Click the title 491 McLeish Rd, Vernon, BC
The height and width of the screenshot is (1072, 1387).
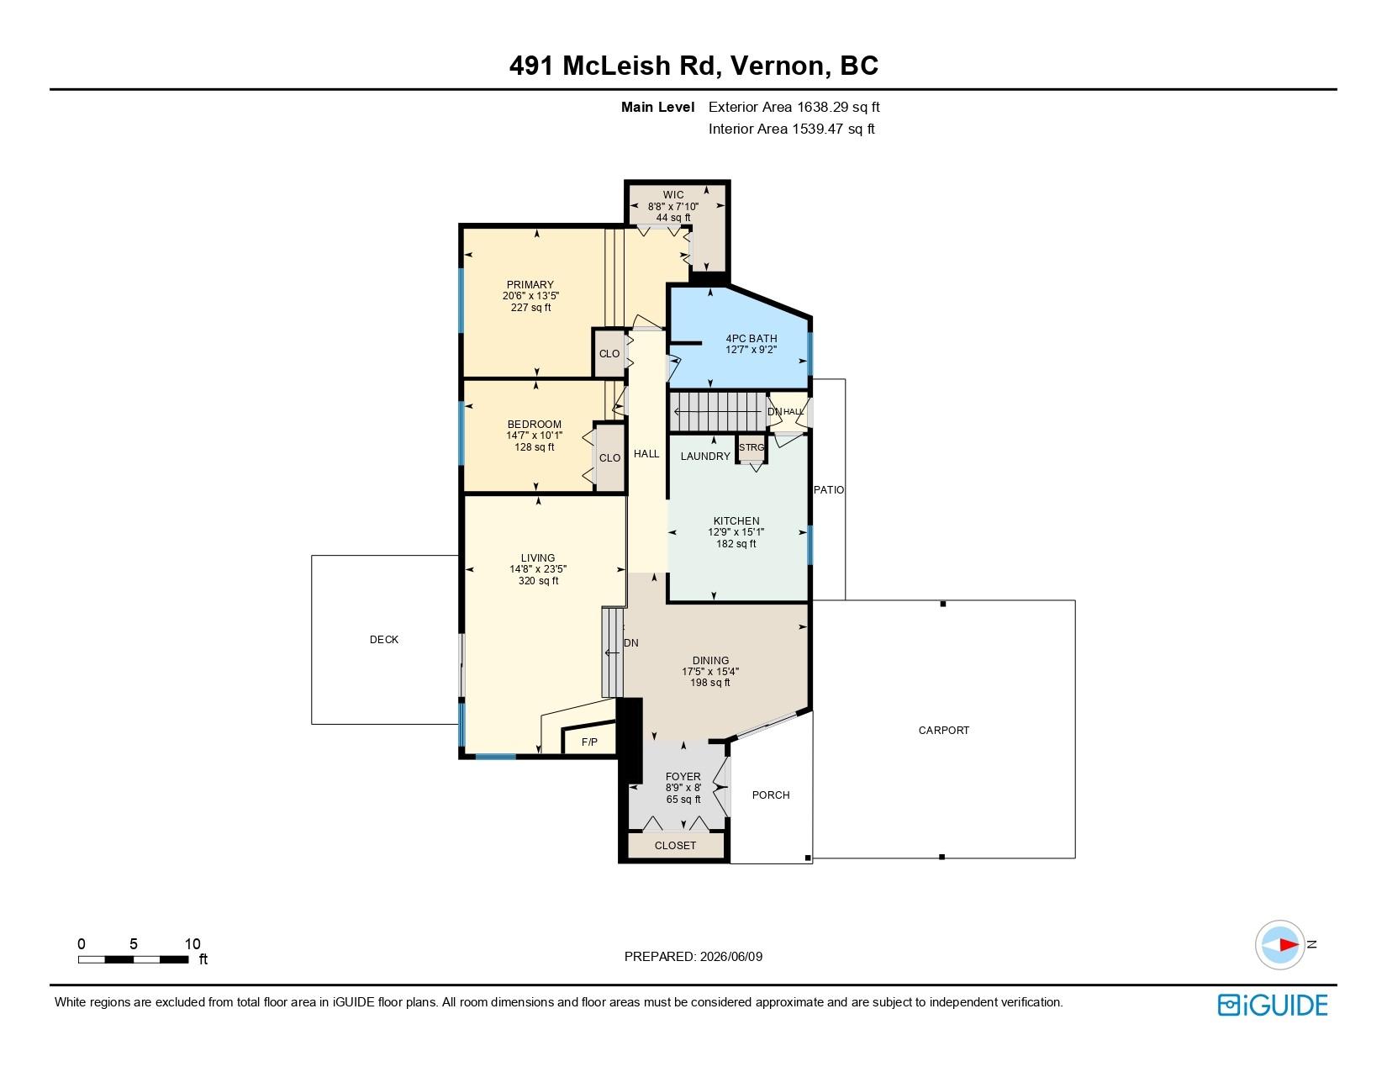693,66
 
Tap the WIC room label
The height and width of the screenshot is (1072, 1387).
672,195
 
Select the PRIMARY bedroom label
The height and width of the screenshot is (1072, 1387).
530,285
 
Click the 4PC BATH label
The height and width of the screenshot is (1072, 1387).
752,338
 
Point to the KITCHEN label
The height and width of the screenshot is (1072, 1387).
736,521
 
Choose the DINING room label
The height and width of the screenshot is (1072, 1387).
710,661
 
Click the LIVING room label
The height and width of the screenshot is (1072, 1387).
537,558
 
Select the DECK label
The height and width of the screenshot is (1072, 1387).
383,640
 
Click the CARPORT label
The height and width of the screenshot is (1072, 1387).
943,731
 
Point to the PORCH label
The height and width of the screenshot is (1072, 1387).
770,795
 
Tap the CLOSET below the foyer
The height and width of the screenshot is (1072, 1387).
675,845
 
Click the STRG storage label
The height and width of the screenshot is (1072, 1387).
752,447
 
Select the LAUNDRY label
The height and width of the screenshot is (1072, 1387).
704,456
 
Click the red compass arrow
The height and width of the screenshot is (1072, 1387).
1289,944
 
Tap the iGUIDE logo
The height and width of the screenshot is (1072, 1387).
1272,1005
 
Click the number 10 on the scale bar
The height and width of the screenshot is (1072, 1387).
192,944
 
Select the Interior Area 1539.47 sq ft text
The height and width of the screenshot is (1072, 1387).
791,129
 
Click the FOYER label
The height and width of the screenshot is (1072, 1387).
683,777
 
